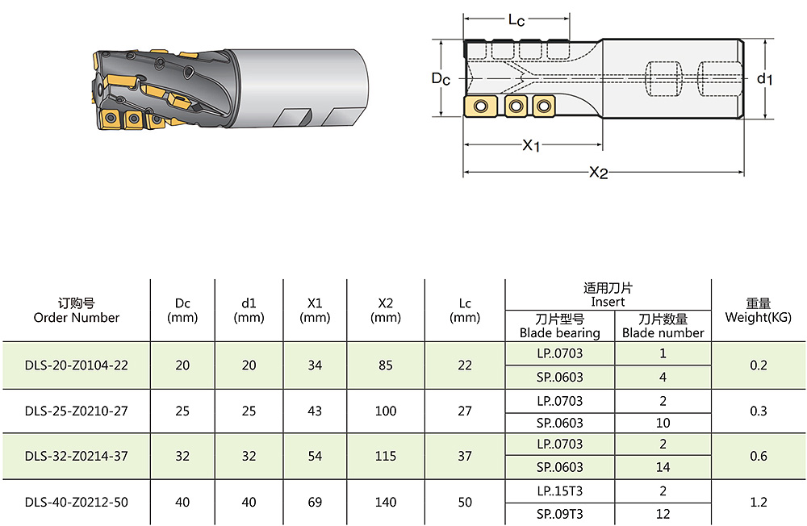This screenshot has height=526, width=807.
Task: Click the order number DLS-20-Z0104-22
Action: click(76, 365)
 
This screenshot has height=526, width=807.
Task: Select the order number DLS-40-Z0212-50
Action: click(76, 503)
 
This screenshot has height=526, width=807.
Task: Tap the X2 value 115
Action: click(386, 457)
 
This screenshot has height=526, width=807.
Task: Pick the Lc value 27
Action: click(465, 411)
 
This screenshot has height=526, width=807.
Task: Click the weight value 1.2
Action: click(759, 503)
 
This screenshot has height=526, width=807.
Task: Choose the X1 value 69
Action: click(315, 503)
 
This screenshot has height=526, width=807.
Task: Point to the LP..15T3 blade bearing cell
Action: click(560, 491)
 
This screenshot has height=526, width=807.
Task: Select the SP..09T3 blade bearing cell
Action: click(560, 514)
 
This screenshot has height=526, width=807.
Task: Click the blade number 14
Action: click(663, 467)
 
